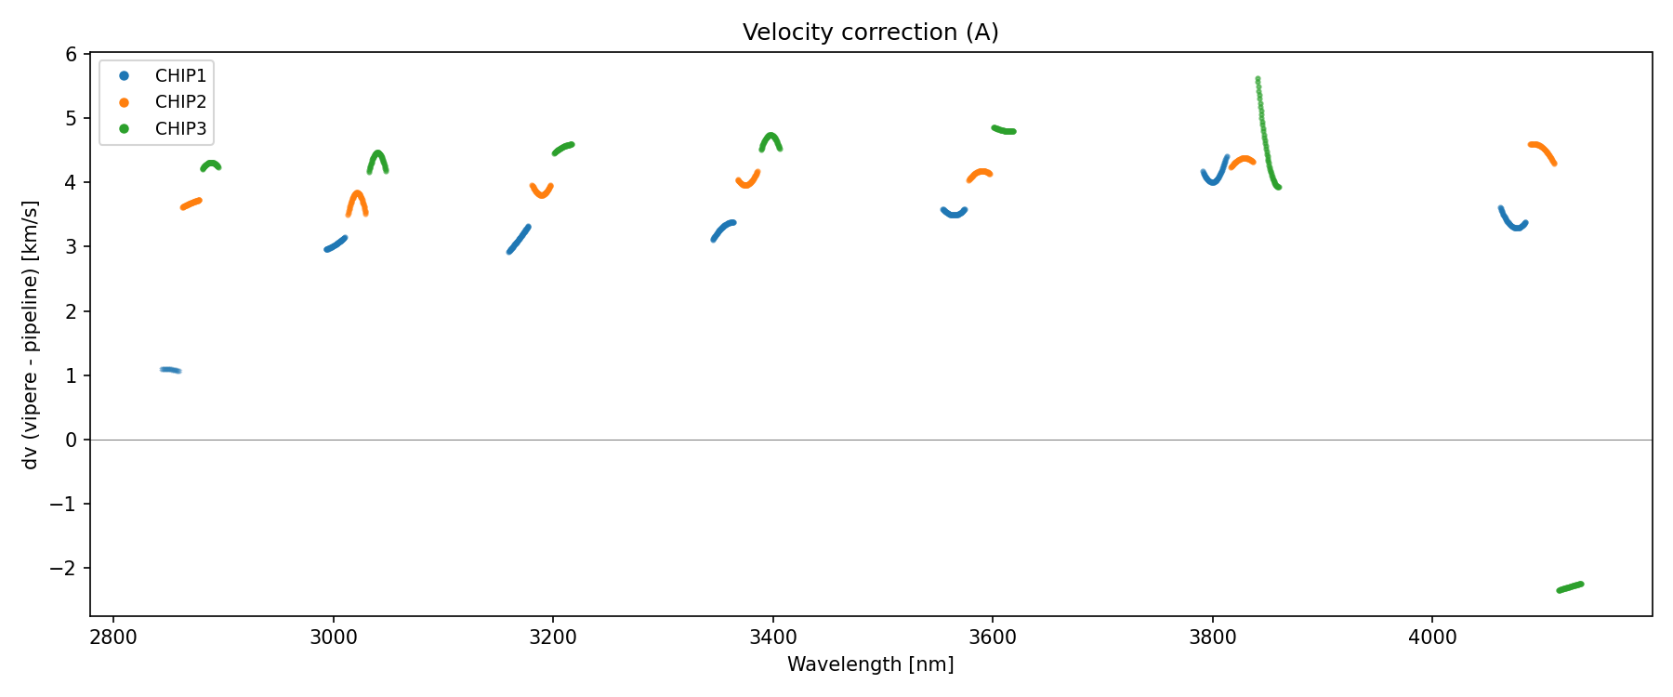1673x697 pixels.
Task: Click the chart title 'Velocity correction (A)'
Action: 870,33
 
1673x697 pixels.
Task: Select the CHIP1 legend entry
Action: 180,76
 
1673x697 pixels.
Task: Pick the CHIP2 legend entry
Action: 180,102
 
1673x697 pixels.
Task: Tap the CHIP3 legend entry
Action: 180,129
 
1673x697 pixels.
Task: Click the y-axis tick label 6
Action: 72,54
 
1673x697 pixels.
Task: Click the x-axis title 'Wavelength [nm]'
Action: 870,664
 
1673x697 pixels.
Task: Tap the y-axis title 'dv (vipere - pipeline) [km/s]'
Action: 31,335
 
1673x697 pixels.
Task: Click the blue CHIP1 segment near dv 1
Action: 170,370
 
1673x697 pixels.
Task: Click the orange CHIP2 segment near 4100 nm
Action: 1542,151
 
